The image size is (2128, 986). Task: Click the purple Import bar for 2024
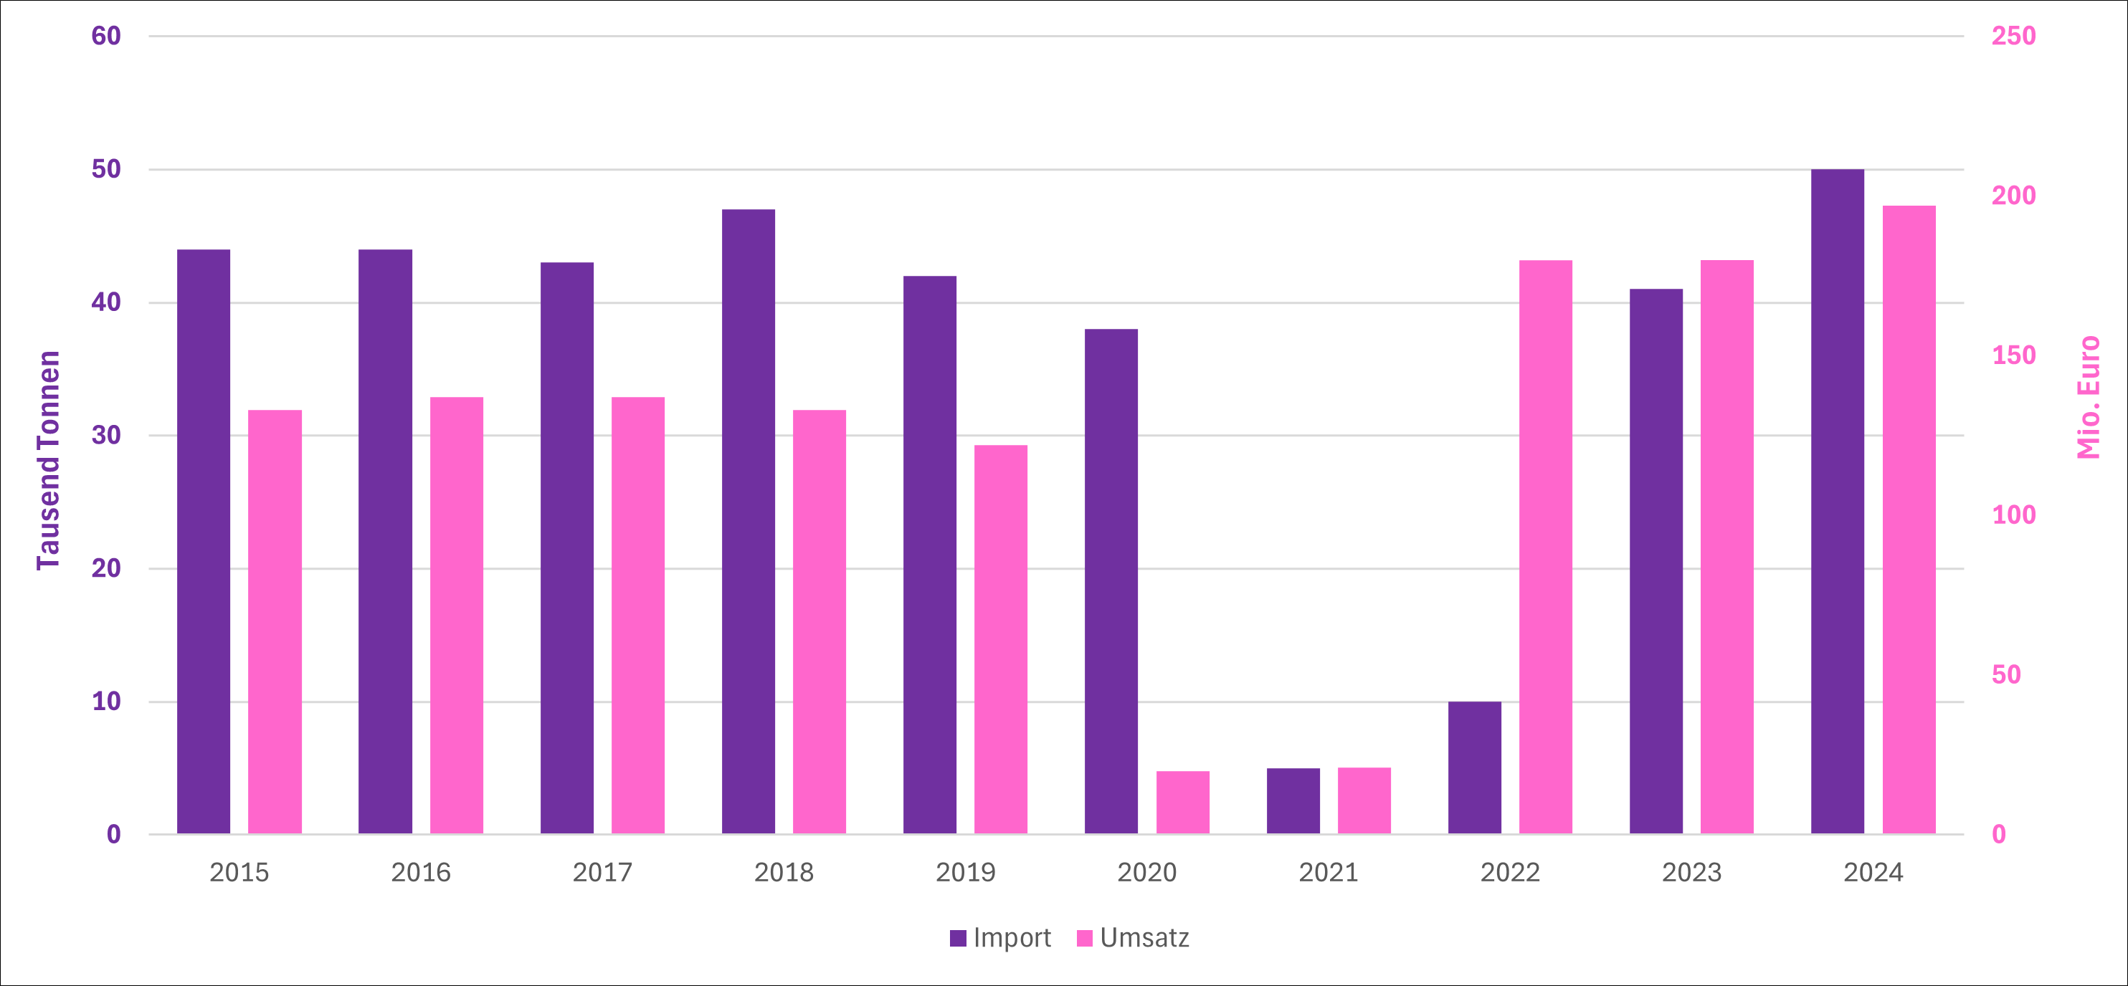(1837, 502)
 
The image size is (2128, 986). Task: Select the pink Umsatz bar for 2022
(1546, 547)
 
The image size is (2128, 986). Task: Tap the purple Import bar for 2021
(1293, 800)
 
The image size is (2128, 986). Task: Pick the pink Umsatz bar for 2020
(1182, 802)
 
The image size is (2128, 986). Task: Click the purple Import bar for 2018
(749, 521)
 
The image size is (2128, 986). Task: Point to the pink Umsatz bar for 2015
(275, 621)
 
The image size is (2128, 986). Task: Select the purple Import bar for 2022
(1475, 767)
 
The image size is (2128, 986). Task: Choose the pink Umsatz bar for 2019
(1000, 639)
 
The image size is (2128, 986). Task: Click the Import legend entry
(1000, 938)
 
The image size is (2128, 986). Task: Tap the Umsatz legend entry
(1134, 938)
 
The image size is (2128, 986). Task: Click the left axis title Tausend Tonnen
(49, 460)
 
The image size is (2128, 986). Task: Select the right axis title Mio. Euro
(2088, 397)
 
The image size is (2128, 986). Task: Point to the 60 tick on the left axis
(105, 36)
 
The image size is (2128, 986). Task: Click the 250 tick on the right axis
(2013, 36)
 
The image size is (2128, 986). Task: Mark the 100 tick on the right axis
(2013, 514)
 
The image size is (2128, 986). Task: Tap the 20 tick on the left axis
(105, 568)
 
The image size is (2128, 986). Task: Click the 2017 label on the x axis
(602, 872)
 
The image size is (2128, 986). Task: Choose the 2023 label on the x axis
(1691, 872)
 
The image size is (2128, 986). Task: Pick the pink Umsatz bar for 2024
(1909, 520)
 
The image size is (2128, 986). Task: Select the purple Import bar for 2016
(385, 541)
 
